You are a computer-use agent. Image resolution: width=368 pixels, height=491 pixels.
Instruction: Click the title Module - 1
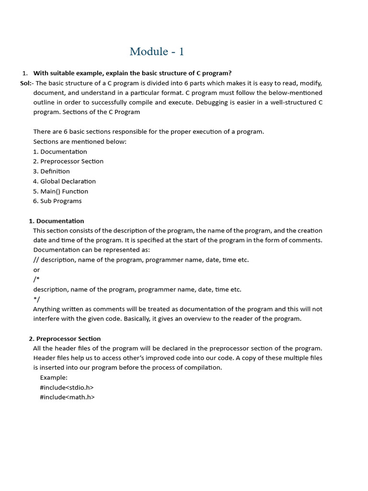click(157, 52)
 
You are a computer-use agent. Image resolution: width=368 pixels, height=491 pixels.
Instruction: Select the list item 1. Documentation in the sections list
click(60, 152)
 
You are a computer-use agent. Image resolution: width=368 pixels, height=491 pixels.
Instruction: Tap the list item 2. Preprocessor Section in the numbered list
click(68, 162)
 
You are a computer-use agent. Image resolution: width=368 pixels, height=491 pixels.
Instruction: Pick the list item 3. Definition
click(51, 171)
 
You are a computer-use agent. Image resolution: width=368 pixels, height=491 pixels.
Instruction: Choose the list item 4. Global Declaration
click(64, 181)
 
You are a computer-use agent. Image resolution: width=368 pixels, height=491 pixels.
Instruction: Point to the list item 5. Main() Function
click(60, 191)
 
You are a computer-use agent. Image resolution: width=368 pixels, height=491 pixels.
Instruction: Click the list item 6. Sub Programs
click(57, 201)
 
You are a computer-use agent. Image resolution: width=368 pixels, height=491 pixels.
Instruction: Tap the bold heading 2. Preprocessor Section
click(65, 339)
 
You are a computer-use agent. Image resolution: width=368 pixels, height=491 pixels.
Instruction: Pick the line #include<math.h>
click(67, 397)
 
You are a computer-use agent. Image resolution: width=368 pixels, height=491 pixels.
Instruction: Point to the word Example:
click(54, 377)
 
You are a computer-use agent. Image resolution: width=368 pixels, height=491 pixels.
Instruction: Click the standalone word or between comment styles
click(36, 270)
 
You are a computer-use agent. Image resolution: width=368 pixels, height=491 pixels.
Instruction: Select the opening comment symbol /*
click(36, 280)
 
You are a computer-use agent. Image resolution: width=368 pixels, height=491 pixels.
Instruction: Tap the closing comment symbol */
click(36, 299)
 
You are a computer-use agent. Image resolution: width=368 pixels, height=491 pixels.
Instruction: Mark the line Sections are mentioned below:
click(80, 142)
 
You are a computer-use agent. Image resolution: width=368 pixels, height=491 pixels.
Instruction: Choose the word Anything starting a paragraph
click(47, 309)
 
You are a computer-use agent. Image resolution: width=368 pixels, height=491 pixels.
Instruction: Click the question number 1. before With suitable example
click(25, 73)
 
